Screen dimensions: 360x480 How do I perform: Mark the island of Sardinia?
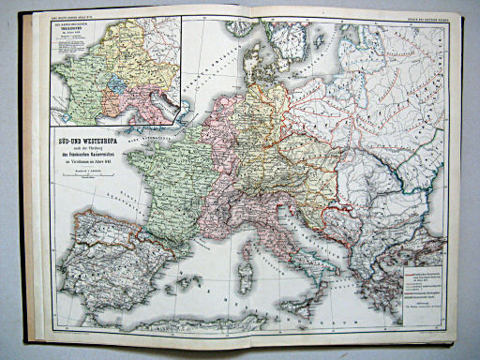point(247,281)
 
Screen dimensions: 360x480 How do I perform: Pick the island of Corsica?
point(246,246)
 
